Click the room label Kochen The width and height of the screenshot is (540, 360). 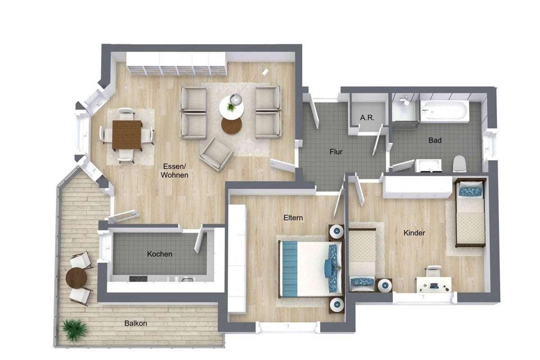pyautogui.click(x=160, y=254)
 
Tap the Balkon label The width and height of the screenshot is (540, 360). pyautogui.click(x=136, y=324)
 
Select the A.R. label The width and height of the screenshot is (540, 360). pyautogui.click(x=367, y=117)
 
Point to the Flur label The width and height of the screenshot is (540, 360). pyautogui.click(x=336, y=152)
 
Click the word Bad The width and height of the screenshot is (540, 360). pyautogui.click(x=435, y=140)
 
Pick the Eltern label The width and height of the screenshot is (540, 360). pyautogui.click(x=293, y=218)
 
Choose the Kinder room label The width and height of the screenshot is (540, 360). pyautogui.click(x=414, y=233)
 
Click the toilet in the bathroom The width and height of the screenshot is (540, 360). pyautogui.click(x=459, y=164)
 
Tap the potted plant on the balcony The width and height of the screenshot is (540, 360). pyautogui.click(x=75, y=330)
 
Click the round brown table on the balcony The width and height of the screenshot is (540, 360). pyautogui.click(x=76, y=278)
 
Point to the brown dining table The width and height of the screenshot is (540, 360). pyautogui.click(x=127, y=135)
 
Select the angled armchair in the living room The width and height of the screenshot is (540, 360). pyautogui.click(x=216, y=154)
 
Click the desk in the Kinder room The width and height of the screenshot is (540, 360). pyautogui.click(x=434, y=285)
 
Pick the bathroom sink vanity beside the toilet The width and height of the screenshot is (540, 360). pyautogui.click(x=428, y=166)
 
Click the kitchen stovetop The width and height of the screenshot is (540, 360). pyautogui.click(x=138, y=279)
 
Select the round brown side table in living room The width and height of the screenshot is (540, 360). pyautogui.click(x=231, y=125)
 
